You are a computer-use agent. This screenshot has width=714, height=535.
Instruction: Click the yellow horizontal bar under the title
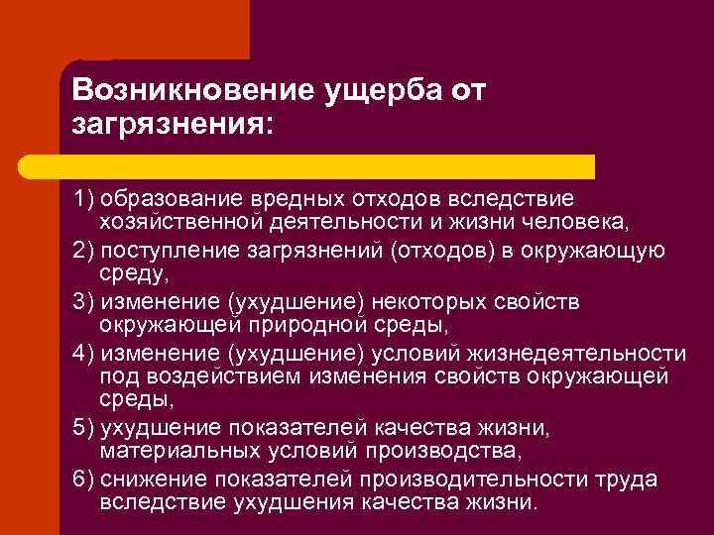pos(327,165)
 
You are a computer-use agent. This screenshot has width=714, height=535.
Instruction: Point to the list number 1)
pos(85,197)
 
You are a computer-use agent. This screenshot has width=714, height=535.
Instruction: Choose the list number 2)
pos(85,249)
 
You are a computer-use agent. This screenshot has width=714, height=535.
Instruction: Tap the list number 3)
pos(85,300)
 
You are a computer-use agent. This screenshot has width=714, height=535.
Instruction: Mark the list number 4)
pos(85,352)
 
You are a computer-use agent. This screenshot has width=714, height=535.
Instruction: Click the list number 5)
pos(85,428)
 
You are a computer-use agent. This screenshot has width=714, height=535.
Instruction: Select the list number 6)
pos(85,480)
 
